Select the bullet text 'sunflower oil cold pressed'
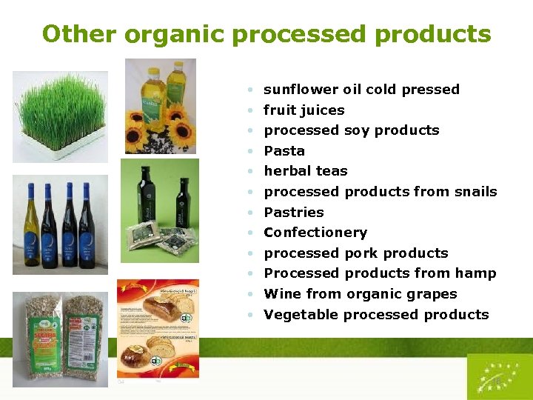click(x=361, y=90)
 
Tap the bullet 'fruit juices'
click(x=304, y=110)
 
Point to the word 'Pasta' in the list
click(x=284, y=151)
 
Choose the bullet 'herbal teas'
click(x=305, y=171)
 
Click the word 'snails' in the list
click(x=475, y=192)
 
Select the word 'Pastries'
click(x=293, y=213)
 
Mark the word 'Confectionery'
click(x=315, y=233)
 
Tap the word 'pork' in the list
click(x=361, y=253)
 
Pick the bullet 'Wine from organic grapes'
click(x=360, y=294)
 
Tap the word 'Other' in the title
click(x=79, y=35)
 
